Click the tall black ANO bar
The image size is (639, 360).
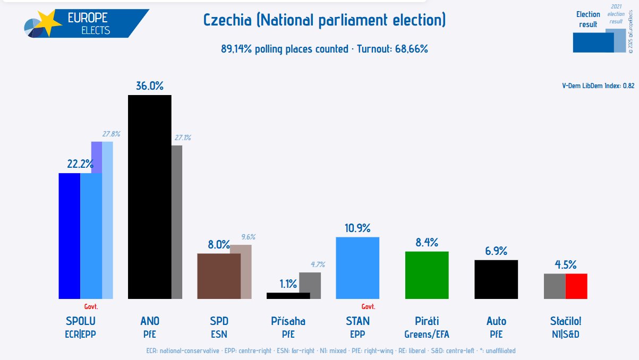click(150, 196)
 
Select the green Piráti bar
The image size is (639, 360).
click(427, 275)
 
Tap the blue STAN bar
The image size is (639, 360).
click(357, 268)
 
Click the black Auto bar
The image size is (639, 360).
click(496, 279)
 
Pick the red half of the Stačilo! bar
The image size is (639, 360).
click(576, 286)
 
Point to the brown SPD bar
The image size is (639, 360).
click(219, 276)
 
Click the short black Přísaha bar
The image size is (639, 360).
click(288, 295)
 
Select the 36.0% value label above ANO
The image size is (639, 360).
click(150, 86)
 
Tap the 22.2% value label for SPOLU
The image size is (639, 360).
click(80, 164)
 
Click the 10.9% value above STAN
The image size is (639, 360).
click(357, 228)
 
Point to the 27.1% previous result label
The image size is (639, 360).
click(183, 138)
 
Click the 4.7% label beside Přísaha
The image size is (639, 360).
click(317, 264)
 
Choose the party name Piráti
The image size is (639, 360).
click(427, 321)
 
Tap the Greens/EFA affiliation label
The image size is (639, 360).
click(427, 335)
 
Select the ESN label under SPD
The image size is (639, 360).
click(219, 335)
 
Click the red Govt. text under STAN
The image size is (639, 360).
click(368, 306)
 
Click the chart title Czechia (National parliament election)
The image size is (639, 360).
click(325, 21)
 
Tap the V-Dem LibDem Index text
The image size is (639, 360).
click(598, 85)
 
